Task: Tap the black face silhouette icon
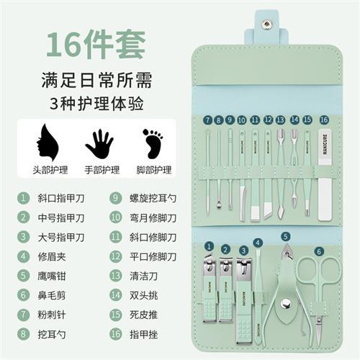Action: click(x=46, y=143)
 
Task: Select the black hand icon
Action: click(x=99, y=143)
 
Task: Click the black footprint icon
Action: click(x=153, y=143)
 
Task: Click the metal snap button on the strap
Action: click(x=267, y=24)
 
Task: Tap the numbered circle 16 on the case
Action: click(x=324, y=120)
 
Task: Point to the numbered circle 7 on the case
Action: click(x=207, y=120)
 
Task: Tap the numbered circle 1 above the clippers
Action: click(x=209, y=247)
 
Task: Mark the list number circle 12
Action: click(x=114, y=256)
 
